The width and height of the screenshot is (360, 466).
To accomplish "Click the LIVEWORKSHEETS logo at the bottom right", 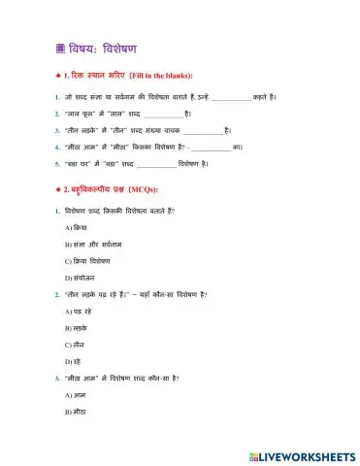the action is coord(302,454).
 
